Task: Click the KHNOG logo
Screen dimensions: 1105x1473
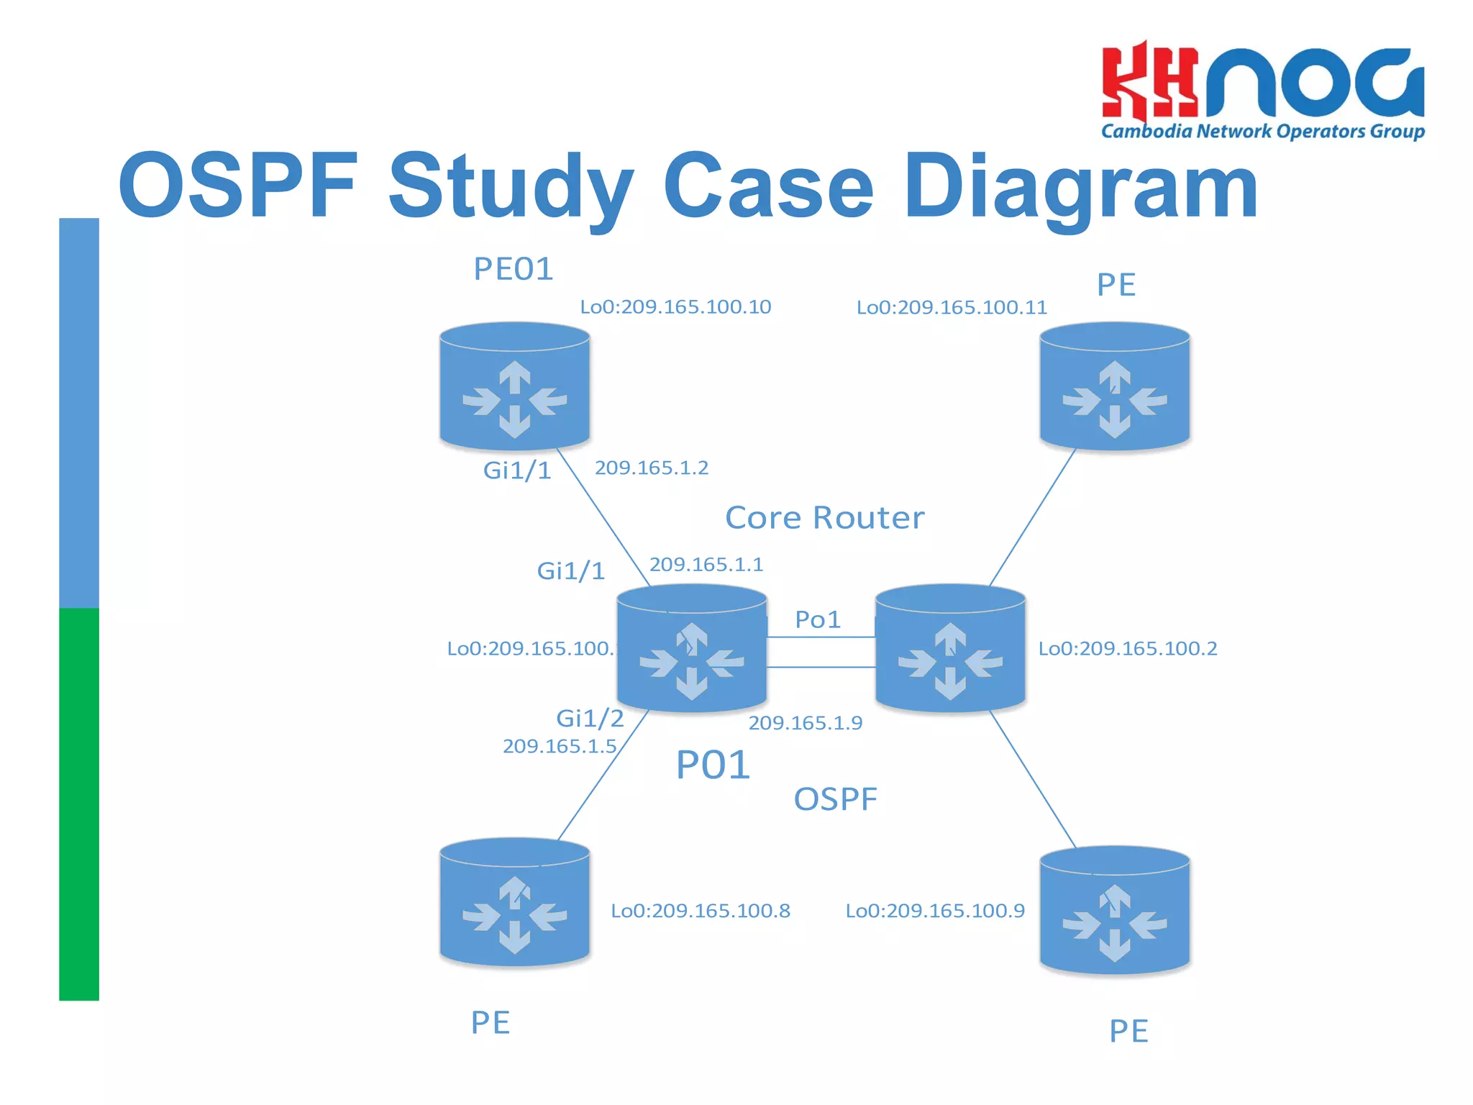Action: [x=1262, y=90]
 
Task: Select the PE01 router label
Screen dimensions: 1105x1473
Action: [x=513, y=269]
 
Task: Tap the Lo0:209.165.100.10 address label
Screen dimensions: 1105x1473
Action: [x=675, y=307]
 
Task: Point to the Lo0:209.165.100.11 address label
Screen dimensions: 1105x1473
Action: [x=951, y=308]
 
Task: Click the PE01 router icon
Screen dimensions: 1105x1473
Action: [x=515, y=387]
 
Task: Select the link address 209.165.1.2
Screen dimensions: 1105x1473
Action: [x=652, y=468]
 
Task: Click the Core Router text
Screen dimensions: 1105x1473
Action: [x=824, y=518]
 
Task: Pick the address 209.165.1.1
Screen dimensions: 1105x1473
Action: [x=706, y=565]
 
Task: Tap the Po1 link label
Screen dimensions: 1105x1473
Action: [x=818, y=619]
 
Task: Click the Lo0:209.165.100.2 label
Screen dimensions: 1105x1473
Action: [x=1127, y=649]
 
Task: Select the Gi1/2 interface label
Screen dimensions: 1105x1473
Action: [x=590, y=718]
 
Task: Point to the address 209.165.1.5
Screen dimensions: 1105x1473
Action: [x=560, y=747]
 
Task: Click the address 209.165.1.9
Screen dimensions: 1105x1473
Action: [x=805, y=723]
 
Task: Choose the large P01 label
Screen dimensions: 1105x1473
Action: [x=713, y=765]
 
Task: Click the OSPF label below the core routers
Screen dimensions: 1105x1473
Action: [x=835, y=799]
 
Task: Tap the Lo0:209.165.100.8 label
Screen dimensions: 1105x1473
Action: [x=700, y=911]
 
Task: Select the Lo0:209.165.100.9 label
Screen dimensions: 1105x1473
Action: [x=934, y=911]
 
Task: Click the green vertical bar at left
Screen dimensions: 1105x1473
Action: [x=79, y=804]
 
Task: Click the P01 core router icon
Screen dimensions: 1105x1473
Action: [x=692, y=649]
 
